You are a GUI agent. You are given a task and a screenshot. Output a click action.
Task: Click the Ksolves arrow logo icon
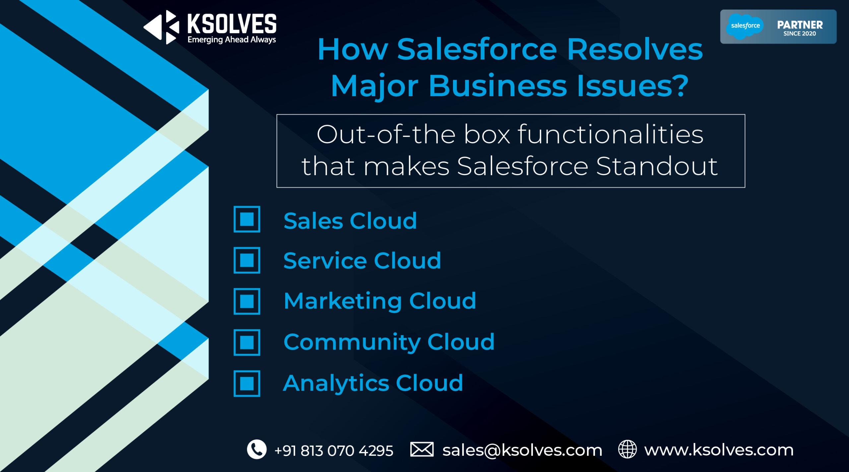(162, 27)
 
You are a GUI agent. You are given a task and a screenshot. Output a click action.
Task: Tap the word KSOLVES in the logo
(232, 24)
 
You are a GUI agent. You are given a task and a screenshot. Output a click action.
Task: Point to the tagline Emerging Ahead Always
(231, 40)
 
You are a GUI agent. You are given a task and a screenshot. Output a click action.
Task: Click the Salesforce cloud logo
(745, 26)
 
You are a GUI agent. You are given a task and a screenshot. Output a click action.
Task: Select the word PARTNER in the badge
(800, 25)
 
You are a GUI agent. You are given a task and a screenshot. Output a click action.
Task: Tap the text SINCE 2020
(800, 34)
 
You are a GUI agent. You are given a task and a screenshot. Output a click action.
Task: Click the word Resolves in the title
(635, 49)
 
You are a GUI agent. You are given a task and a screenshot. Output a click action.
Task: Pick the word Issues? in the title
(633, 86)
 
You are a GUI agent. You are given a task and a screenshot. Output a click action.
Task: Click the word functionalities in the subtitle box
(611, 134)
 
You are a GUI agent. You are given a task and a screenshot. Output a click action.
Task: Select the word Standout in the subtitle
(657, 166)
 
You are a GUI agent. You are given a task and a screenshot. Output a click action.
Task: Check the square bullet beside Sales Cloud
(247, 219)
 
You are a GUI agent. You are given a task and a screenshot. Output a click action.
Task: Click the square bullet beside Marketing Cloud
(247, 301)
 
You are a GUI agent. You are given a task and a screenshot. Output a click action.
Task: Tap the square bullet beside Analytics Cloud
(247, 383)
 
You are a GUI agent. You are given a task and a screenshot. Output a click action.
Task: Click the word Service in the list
(325, 260)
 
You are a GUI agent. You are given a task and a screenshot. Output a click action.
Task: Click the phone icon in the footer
(257, 449)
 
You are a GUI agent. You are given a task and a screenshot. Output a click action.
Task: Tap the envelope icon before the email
(422, 449)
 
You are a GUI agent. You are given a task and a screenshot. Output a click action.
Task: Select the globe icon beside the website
(627, 449)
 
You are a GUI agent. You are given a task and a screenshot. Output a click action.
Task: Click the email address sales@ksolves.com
(522, 450)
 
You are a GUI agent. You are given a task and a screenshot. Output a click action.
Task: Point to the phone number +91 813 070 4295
(334, 451)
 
